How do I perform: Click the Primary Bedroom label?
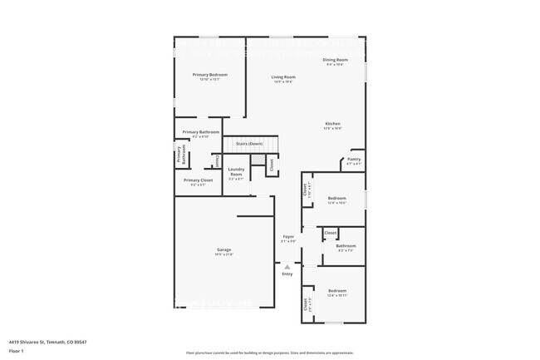tap(210, 75)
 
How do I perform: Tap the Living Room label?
tap(284, 77)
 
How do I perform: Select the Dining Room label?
tap(335, 61)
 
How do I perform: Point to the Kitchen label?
tap(332, 124)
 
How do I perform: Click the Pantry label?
tap(354, 159)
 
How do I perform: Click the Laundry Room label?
tap(236, 172)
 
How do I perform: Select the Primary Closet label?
tap(198, 180)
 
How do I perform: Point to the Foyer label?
tap(288, 237)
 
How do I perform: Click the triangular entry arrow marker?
tap(287, 266)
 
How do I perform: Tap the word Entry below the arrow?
tap(287, 274)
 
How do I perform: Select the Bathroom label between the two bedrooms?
tap(346, 245)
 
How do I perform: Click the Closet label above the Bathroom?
tap(330, 233)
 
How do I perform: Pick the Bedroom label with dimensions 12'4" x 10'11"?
tap(337, 292)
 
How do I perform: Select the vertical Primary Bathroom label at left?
tap(179, 155)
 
